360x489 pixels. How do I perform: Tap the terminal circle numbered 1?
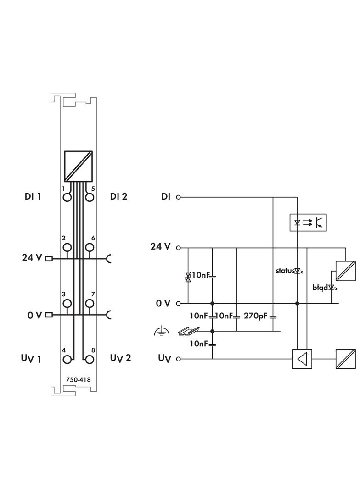pos(67,197)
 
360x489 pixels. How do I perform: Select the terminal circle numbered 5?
pos(90,197)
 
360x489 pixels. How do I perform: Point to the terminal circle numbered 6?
pos(90,248)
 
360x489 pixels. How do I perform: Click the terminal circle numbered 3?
pos(67,303)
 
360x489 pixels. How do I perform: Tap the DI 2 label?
pos(118,197)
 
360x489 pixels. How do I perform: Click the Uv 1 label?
pos(31,358)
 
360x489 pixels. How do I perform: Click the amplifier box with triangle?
pos(302,359)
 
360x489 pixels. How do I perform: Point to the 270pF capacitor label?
pos(255,317)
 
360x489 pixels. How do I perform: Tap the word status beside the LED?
pos(284,271)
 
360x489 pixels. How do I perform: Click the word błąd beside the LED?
pos(320,288)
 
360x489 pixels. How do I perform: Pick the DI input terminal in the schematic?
pos(179,197)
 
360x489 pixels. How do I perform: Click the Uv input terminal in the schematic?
pos(179,359)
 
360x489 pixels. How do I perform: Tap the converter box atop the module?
pos(79,166)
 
